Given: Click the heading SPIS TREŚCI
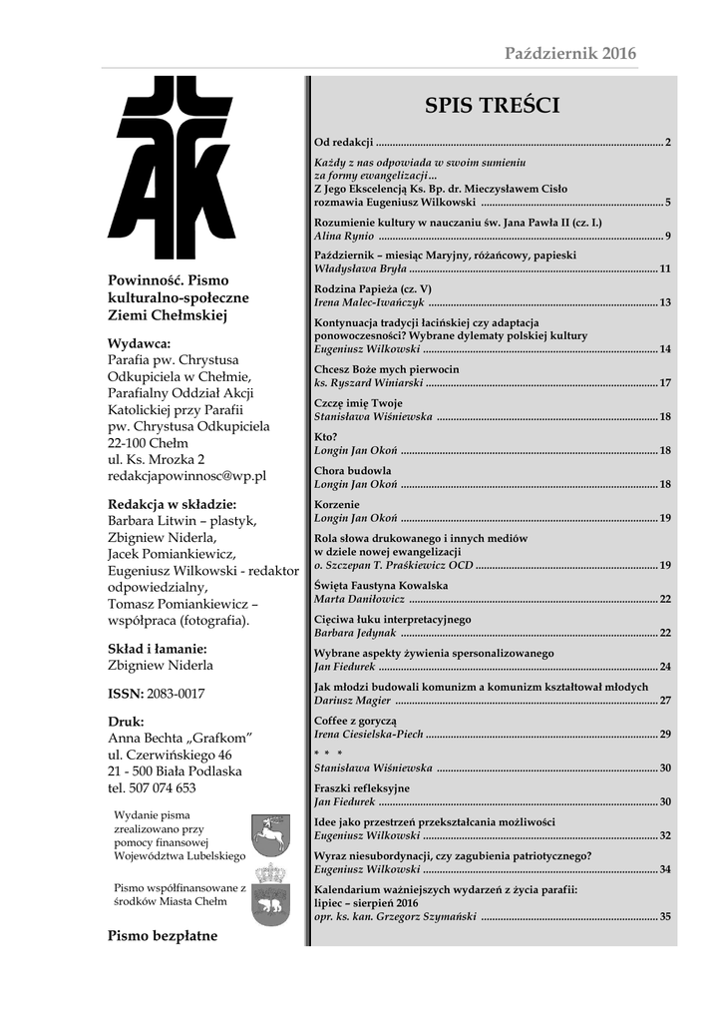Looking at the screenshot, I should (492, 106).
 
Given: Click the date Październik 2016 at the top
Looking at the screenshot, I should (569, 53).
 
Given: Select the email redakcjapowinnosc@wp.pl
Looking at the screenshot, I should (186, 477).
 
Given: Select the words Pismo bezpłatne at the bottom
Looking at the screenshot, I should (162, 936).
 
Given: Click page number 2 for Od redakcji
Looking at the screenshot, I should (667, 142).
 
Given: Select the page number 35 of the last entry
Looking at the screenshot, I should (664, 916).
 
